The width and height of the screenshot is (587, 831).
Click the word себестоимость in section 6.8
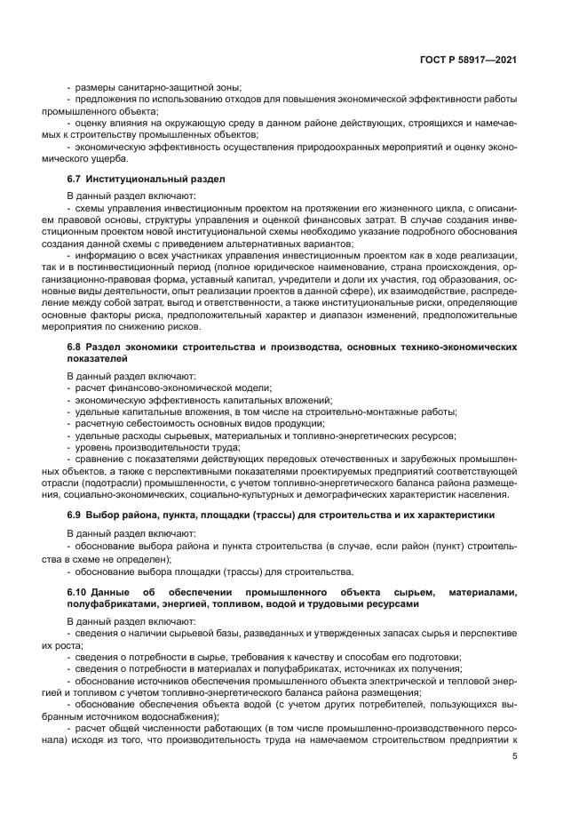[155, 423]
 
